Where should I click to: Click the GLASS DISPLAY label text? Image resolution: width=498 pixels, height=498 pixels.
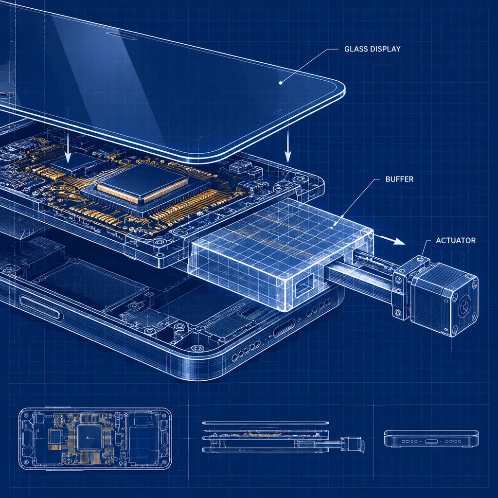pos(372,49)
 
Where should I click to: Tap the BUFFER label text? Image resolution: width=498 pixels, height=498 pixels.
pos(399,179)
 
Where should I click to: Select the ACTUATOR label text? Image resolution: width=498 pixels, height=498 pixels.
pos(455,240)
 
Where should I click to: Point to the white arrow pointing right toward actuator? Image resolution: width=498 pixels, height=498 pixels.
pos(390,239)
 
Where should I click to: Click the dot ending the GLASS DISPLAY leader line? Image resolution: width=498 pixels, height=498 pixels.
pos(281,83)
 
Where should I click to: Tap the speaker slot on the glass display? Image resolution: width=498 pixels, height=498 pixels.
pos(122,36)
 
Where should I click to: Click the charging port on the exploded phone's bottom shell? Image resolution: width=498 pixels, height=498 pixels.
pos(284,328)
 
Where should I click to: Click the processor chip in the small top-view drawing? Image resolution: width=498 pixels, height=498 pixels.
pos(89,437)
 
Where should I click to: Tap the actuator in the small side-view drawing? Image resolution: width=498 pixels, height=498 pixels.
pos(353,443)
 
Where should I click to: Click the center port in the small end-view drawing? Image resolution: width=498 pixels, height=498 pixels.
pos(431,442)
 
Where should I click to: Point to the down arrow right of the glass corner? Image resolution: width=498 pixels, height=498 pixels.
pos(288,146)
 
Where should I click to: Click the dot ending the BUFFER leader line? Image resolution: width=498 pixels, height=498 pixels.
pos(331,228)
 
